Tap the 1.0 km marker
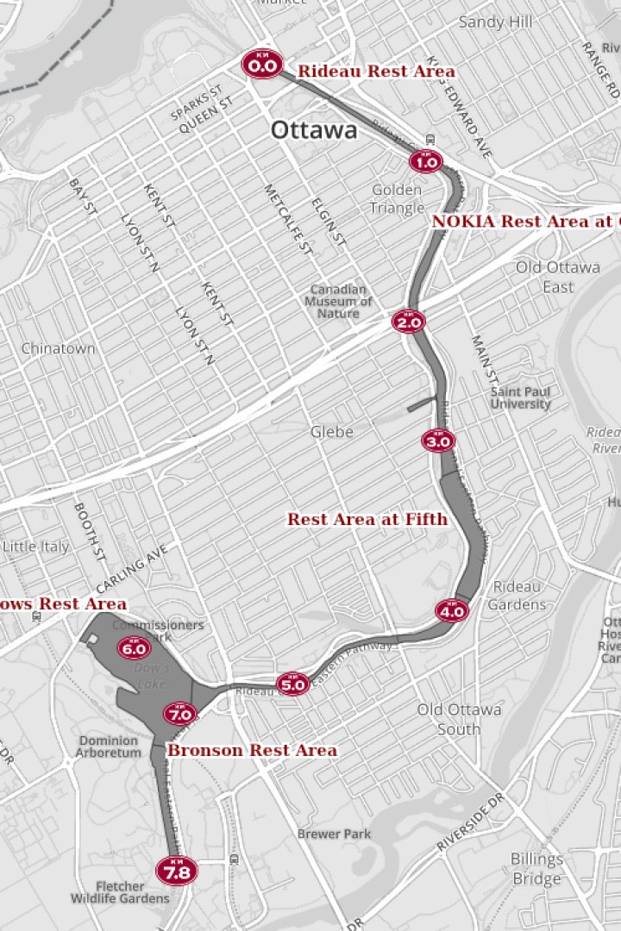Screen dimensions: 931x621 [425, 161]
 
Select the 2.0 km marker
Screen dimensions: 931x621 [408, 322]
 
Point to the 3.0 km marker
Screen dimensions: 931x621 [438, 441]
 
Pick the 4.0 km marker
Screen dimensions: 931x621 [452, 611]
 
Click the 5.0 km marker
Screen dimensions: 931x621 [292, 684]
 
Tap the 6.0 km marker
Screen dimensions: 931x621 [134, 647]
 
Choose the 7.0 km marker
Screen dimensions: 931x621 [180, 713]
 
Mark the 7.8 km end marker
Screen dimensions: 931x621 [177, 871]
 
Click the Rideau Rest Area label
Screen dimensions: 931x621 [376, 72]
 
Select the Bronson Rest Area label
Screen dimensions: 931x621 [252, 751]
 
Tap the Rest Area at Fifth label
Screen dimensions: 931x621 [367, 519]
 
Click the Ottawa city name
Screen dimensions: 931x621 [314, 130]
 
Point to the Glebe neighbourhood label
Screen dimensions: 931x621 [332, 431]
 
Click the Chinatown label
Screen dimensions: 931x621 [58, 349]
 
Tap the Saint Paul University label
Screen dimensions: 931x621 [520, 397]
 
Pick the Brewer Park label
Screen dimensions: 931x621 [334, 834]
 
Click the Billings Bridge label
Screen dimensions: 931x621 [536, 869]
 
